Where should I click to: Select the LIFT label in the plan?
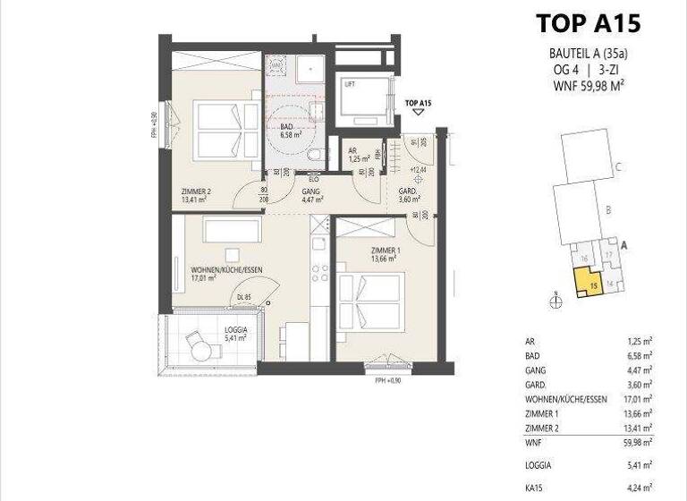click(350, 85)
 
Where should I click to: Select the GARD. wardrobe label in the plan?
click(408, 195)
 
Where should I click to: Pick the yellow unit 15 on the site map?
click(594, 285)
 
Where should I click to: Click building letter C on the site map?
click(618, 166)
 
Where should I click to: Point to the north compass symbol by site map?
click(556, 301)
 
